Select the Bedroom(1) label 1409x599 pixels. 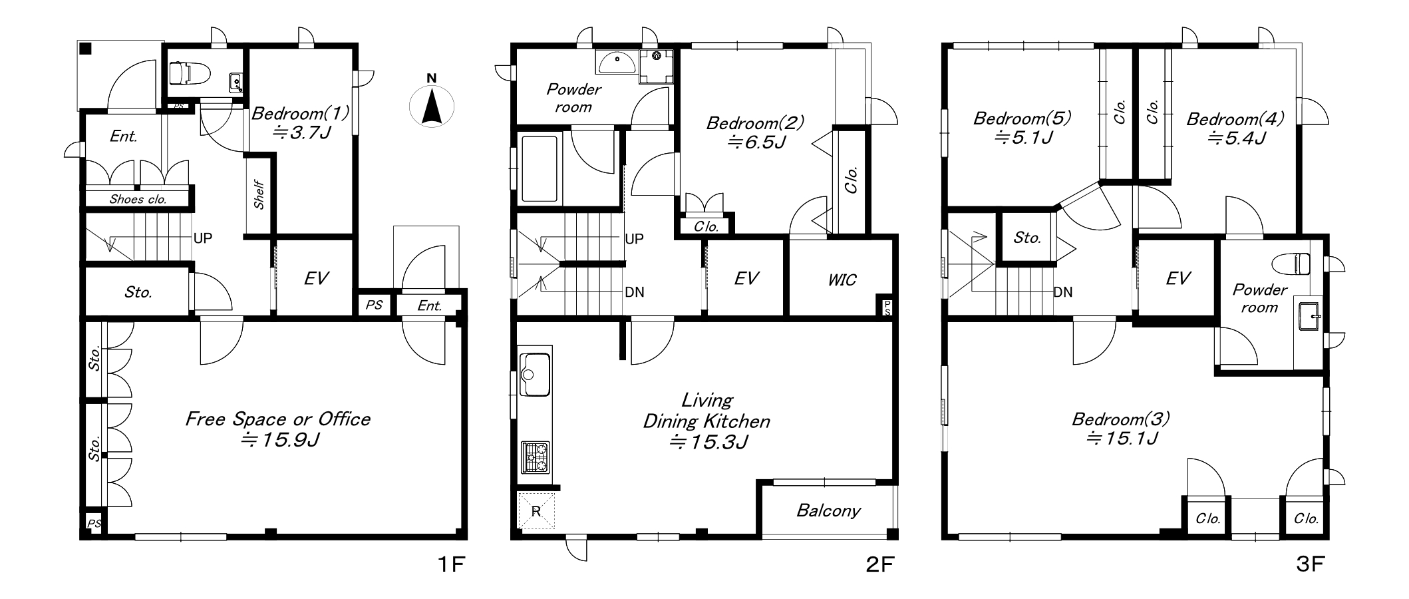300,113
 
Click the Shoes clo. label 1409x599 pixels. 138,199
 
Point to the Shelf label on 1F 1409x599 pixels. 259,195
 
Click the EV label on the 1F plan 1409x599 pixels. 316,278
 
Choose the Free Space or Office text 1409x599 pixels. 277,419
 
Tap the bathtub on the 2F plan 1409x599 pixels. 539,169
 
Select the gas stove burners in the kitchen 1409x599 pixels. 535,457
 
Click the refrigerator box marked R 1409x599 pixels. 536,511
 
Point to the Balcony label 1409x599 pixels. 828,510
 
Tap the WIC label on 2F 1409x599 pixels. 842,280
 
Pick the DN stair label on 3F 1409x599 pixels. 1062,292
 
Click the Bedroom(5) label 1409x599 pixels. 1022,118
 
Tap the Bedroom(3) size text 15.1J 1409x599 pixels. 1122,439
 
